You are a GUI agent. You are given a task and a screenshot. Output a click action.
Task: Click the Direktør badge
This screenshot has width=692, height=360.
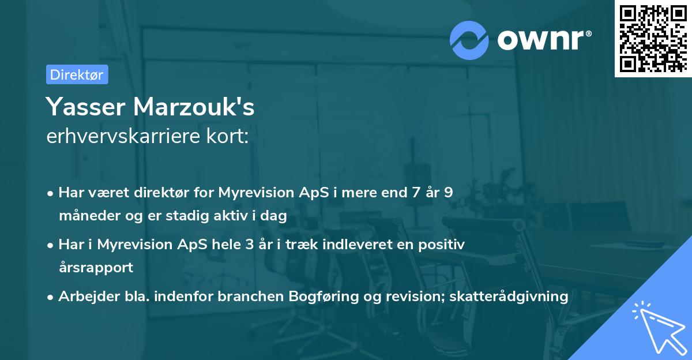77,74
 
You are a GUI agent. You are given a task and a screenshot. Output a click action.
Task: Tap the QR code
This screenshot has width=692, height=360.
653,38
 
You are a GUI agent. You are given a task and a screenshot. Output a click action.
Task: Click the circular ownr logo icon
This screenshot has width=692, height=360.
469,40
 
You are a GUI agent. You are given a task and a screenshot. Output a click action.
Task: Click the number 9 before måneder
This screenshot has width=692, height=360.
447,193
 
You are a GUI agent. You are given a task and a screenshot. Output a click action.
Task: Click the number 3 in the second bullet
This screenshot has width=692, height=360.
249,245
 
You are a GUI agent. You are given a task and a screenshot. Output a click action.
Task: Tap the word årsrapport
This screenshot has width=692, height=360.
96,268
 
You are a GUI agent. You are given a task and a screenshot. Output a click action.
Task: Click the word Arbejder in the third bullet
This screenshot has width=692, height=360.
84,297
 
